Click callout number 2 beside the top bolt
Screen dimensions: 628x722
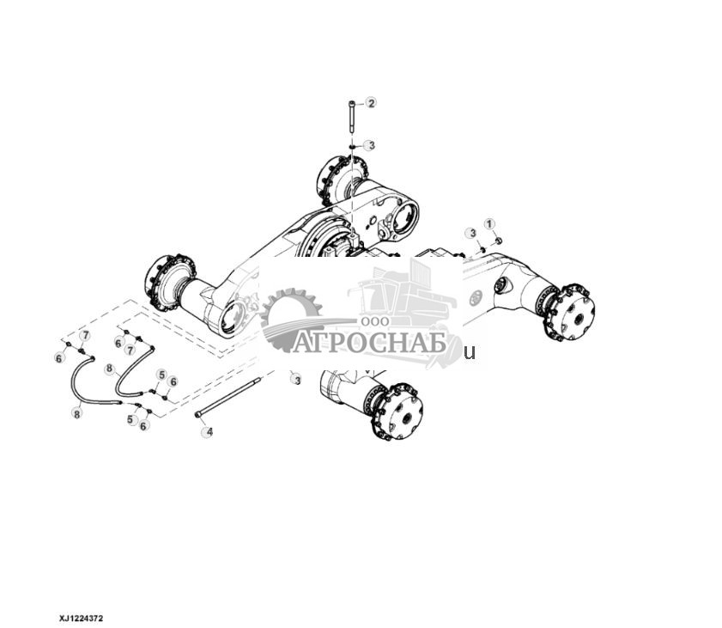tap(371, 103)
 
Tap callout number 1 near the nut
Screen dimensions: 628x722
tap(490, 224)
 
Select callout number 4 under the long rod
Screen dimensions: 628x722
tap(207, 431)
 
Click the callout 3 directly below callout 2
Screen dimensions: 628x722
tap(369, 145)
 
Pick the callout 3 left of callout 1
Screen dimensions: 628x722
tap(470, 233)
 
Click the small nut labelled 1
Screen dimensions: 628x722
tap(500, 241)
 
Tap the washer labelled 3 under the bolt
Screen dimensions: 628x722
tap(352, 147)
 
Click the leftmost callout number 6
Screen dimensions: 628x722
tap(59, 357)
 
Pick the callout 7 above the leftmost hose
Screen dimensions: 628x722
tap(84, 334)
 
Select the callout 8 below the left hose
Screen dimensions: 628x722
tap(76, 414)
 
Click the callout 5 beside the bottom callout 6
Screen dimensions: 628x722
tap(131, 419)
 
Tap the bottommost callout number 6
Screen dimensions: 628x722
tap(144, 426)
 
